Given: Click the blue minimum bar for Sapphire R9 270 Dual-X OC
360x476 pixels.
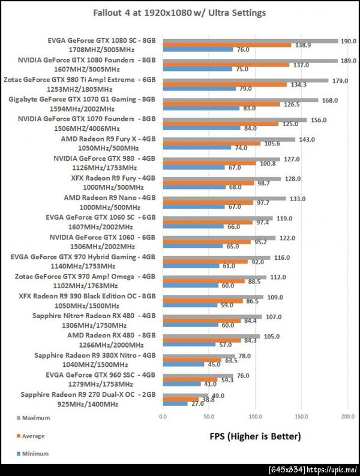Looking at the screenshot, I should click(175, 403).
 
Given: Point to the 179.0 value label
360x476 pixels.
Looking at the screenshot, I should click(340, 80).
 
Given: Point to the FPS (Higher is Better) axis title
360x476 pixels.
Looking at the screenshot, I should click(254, 436).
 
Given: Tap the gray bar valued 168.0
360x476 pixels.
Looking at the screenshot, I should click(240, 100).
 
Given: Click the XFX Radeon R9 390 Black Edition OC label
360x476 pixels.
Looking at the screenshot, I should click(87, 295).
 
